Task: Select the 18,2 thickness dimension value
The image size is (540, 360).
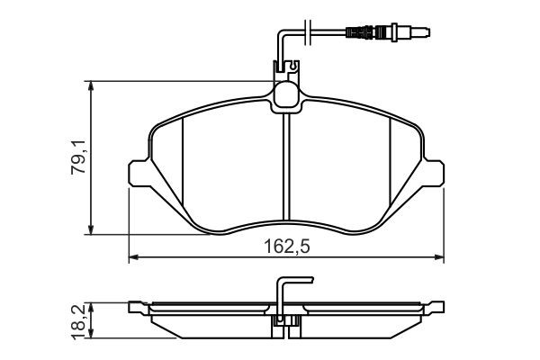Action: tap(80, 319)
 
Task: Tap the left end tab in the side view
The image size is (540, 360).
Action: tap(137, 307)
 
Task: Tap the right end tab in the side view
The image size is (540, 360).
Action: tap(436, 307)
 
